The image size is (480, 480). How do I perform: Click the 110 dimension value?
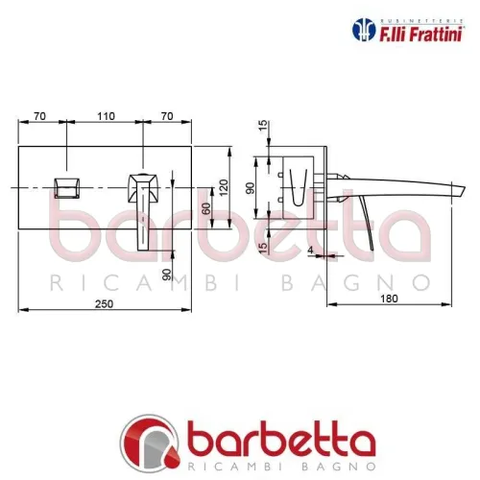(x=106, y=115)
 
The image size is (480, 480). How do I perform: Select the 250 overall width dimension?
(x=105, y=302)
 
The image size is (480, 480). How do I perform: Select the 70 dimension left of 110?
(x=39, y=115)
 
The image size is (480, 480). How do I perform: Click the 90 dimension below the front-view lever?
(x=168, y=274)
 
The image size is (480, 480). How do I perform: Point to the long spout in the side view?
(x=403, y=184)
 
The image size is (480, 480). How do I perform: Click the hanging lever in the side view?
(x=357, y=226)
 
